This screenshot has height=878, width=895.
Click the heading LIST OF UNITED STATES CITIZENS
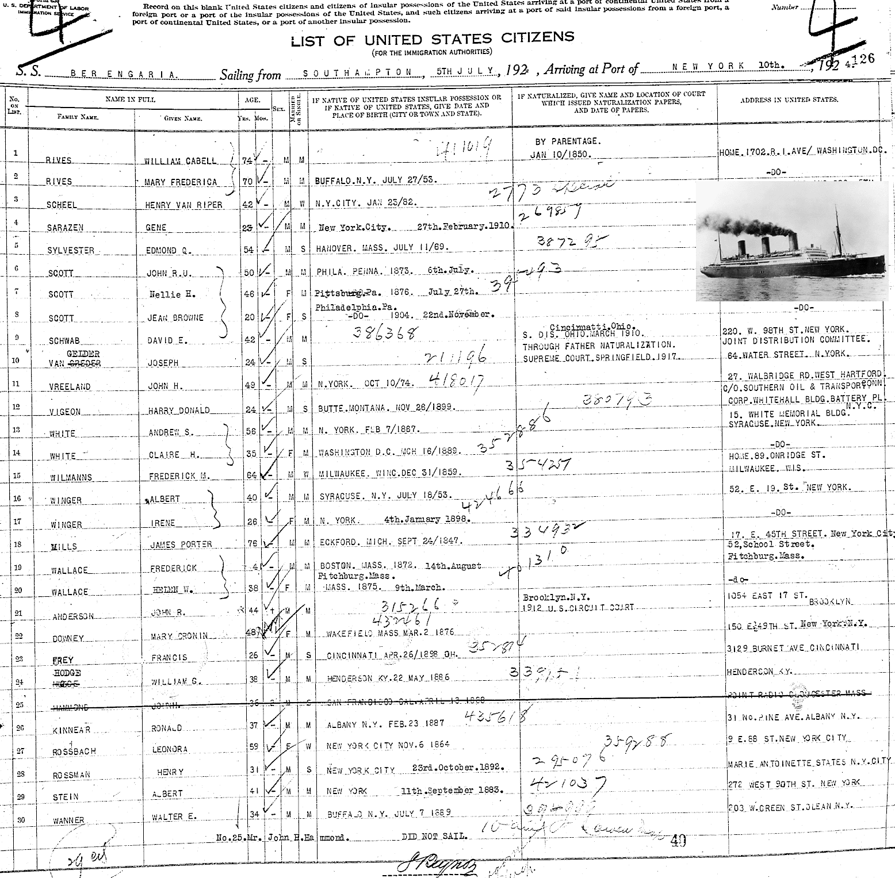pyautogui.click(x=432, y=40)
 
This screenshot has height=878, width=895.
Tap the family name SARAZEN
pyautogui.click(x=65, y=228)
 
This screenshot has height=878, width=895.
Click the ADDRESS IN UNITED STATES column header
pyautogui.click(x=797, y=100)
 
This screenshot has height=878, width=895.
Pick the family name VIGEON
pyautogui.click(x=64, y=411)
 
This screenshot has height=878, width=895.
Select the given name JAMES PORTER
pyautogui.click(x=180, y=544)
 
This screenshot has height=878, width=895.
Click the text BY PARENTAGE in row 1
pyautogui.click(x=567, y=141)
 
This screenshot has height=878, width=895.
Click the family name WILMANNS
pyautogui.click(x=70, y=477)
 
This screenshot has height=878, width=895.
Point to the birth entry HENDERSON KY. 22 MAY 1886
pyautogui.click(x=388, y=678)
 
